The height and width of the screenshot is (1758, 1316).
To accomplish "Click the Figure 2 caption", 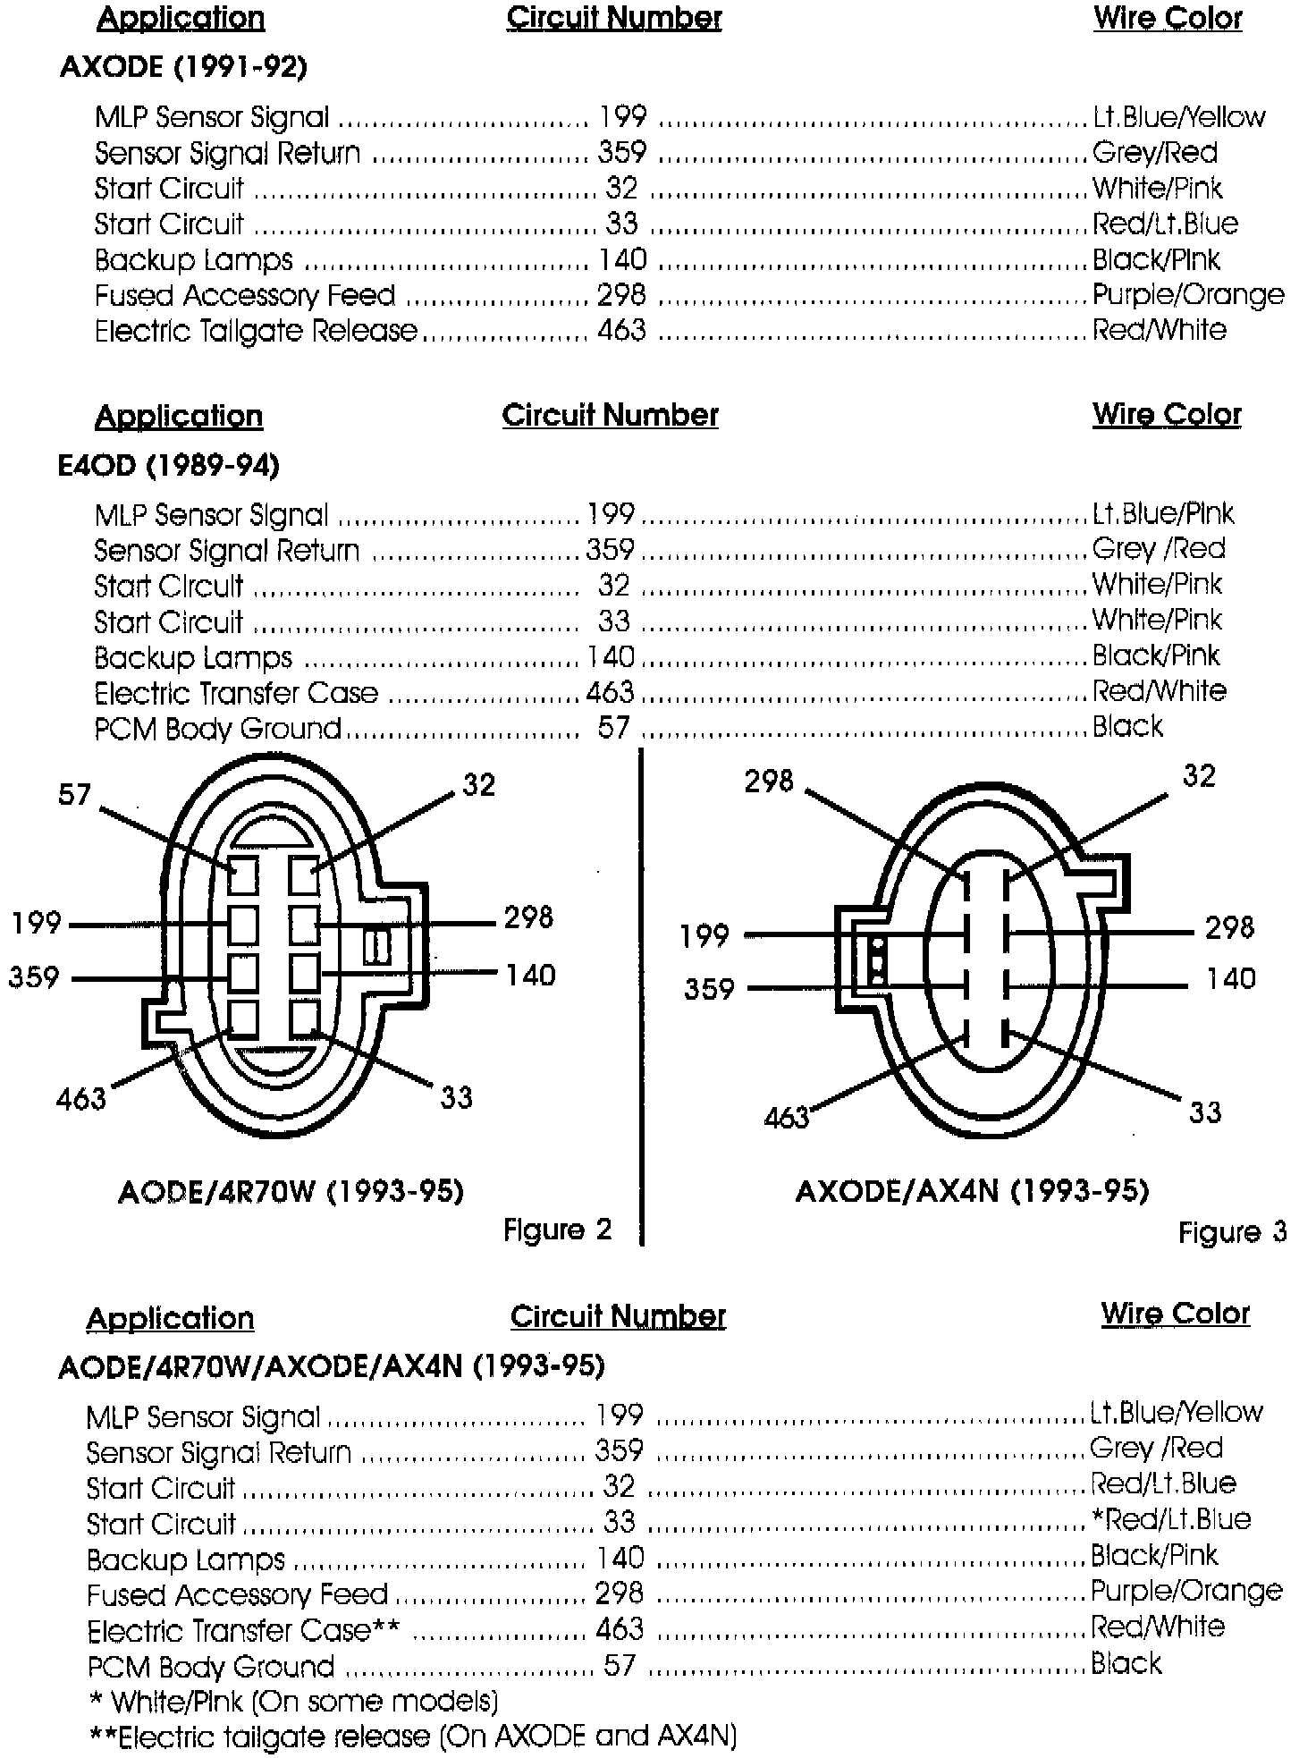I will (x=557, y=1230).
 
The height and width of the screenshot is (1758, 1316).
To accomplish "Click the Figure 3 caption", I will (x=1232, y=1232).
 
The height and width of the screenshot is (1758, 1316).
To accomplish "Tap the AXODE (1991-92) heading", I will (x=183, y=67).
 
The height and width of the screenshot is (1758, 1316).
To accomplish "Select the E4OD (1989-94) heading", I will (x=168, y=465).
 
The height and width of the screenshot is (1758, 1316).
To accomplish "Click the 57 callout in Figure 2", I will (x=74, y=794).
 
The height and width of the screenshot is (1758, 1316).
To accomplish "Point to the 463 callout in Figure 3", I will (x=786, y=1117).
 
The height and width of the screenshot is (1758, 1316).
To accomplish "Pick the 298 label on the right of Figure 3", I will (x=1229, y=928).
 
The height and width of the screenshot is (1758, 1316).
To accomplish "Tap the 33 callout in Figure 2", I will (x=456, y=1097).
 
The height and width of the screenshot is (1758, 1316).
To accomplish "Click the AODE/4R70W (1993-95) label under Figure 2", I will (x=291, y=1191).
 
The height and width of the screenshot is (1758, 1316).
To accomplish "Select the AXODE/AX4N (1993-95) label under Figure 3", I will (x=972, y=1191).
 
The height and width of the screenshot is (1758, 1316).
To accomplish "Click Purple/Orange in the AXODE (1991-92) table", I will (x=1188, y=294).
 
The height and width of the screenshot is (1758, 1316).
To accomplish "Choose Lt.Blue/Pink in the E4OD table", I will (x=1162, y=513).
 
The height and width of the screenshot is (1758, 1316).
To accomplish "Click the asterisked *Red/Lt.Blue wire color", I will (x=1169, y=1519).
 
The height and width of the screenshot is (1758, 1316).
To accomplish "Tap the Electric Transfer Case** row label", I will (x=243, y=1630).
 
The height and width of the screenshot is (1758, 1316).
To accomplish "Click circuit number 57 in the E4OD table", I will (x=613, y=728).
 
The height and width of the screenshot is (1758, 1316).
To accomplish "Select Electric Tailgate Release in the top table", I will (x=256, y=331).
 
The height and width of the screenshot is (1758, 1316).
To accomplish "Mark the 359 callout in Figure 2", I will (x=34, y=976).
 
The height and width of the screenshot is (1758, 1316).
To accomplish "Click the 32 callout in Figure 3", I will (x=1198, y=775).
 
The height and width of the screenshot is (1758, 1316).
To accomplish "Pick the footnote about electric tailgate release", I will (x=413, y=1737).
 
